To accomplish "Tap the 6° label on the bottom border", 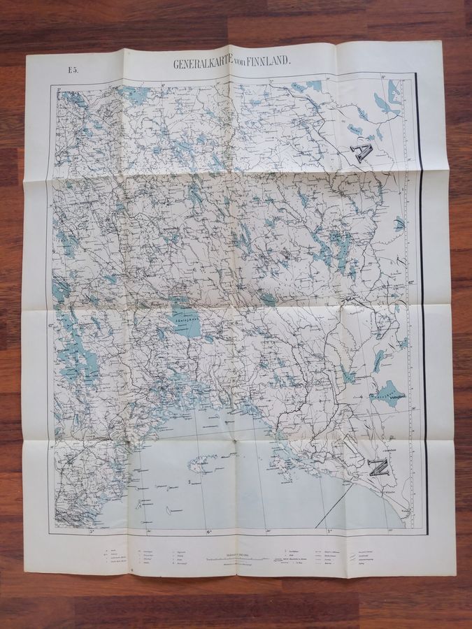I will pos(209,533).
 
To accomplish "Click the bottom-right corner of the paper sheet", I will pos(455,574).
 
